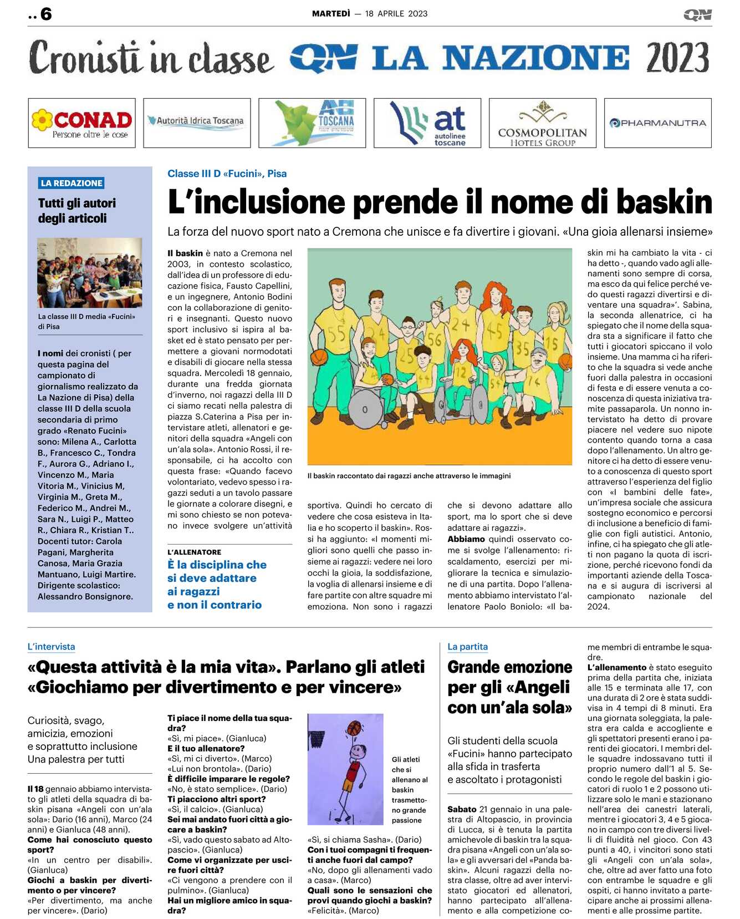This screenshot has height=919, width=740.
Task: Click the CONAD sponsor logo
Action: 81,123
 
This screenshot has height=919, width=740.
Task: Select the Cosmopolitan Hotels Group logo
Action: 542,123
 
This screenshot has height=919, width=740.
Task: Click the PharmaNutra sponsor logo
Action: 657,123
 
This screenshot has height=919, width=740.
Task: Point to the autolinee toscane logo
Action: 427,123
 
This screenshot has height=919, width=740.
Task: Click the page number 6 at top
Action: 46,14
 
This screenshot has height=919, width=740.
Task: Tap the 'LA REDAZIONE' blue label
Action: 72,183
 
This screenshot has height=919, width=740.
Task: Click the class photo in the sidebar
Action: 90,272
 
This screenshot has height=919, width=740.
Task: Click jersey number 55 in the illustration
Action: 336,333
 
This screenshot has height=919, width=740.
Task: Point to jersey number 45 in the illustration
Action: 494,331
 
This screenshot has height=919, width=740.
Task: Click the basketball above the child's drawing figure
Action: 354,728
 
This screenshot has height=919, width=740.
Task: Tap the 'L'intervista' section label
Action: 51,647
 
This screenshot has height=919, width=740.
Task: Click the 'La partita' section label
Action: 467,647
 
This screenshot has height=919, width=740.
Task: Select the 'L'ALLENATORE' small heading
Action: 194,552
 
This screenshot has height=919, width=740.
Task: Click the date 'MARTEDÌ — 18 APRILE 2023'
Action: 370,14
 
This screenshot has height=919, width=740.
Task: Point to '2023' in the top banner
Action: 677,58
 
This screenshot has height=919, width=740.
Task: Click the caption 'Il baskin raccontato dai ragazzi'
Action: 409,476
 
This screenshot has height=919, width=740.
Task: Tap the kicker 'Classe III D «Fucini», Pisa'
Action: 227,174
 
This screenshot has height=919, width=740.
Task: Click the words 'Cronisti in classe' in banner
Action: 151,58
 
